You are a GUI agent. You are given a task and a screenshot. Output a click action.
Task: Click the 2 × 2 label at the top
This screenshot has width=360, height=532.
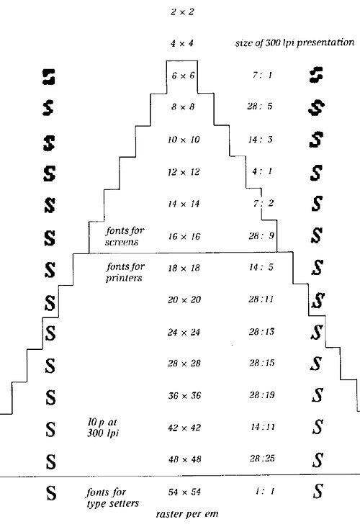tap(182, 12)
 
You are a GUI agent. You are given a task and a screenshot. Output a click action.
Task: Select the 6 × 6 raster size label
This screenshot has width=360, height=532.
tap(183, 76)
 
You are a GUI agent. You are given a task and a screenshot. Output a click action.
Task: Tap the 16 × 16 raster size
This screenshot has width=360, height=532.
tap(184, 236)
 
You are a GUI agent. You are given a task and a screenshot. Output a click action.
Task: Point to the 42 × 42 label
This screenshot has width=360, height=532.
tap(184, 428)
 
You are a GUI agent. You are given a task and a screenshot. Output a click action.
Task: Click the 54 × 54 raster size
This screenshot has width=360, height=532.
tap(184, 492)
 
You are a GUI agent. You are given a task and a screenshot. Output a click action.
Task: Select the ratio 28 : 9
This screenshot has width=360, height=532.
tap(261, 236)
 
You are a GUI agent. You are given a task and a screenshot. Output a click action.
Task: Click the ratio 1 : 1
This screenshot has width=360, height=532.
tap(265, 491)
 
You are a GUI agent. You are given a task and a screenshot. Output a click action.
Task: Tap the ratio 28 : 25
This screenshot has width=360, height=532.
tap(262, 459)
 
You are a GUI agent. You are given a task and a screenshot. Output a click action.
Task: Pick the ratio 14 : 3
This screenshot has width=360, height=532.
tap(260, 140)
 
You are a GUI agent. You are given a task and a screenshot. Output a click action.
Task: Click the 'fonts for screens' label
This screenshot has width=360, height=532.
tap(125, 236)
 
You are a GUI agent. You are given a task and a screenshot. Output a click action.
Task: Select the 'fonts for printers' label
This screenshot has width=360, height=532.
tap(125, 272)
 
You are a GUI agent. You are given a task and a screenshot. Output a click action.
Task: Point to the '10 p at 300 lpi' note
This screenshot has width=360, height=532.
tap(103, 428)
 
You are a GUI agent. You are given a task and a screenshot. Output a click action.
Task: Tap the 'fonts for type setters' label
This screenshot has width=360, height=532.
tap(112, 498)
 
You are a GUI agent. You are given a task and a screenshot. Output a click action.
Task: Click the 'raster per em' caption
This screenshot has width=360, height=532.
tap(187, 514)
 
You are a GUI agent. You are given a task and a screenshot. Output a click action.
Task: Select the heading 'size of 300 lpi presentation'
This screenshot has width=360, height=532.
tap(295, 42)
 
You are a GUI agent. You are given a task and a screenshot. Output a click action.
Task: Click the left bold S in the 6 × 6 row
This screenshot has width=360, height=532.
tap(48, 77)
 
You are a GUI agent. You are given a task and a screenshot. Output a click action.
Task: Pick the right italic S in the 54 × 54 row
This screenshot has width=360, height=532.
tap(318, 491)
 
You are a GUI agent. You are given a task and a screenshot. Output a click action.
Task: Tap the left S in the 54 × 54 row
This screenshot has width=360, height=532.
tap(51, 493)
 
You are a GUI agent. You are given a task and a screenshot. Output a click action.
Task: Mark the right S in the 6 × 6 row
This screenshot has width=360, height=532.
tap(316, 75)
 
